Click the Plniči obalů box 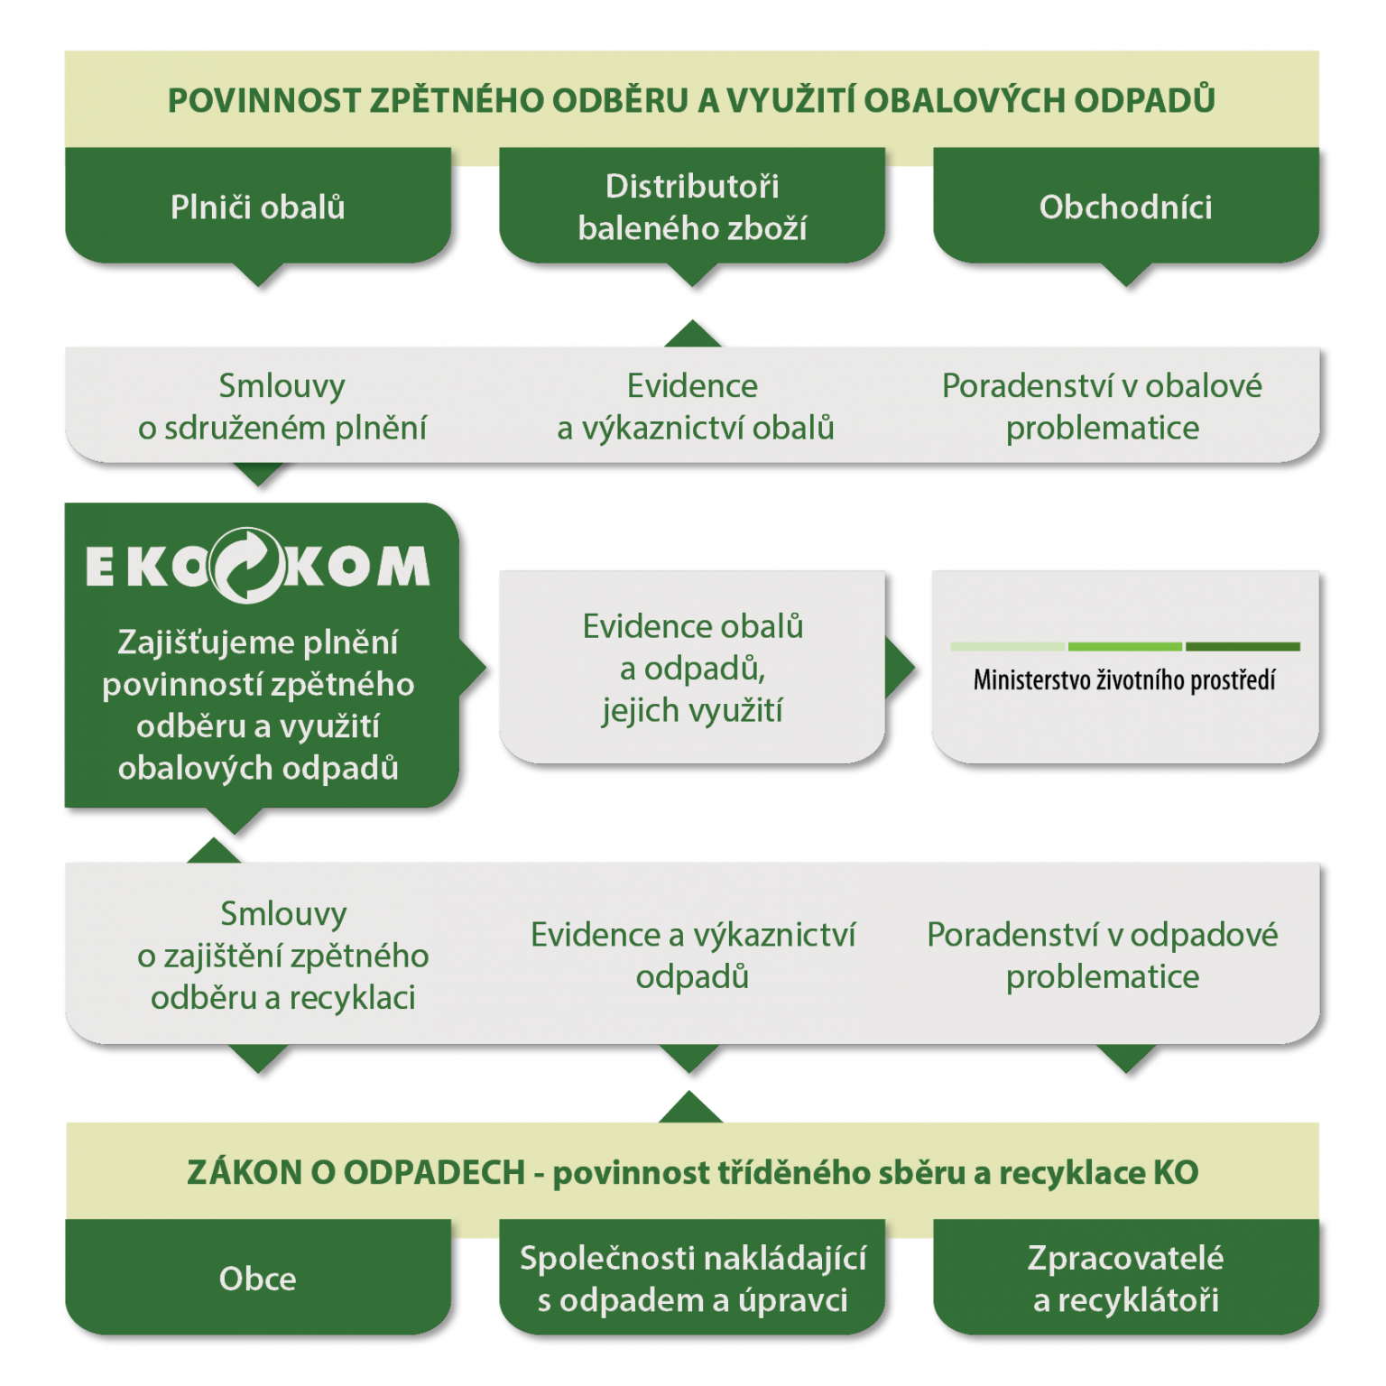click(x=257, y=208)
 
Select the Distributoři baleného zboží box click(x=692, y=208)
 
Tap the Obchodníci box click(x=1125, y=208)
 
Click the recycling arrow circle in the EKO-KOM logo click(x=246, y=566)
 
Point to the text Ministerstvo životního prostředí click(x=1124, y=680)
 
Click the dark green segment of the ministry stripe click(x=1243, y=646)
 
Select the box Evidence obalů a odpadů click(x=692, y=668)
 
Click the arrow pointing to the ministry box click(x=899, y=668)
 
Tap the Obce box click(x=257, y=1278)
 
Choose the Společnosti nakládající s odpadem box click(x=692, y=1278)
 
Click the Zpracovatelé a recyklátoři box click(x=1125, y=1278)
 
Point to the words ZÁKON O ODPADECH click(x=356, y=1172)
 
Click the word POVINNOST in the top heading click(x=264, y=100)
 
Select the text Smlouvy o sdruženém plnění click(x=282, y=407)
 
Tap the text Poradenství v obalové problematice click(x=1102, y=407)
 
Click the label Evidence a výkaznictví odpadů click(x=692, y=955)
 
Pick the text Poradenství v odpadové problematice click(x=1102, y=955)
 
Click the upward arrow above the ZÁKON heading click(x=690, y=1108)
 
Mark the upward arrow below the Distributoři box click(x=692, y=334)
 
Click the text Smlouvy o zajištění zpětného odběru click(x=282, y=955)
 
